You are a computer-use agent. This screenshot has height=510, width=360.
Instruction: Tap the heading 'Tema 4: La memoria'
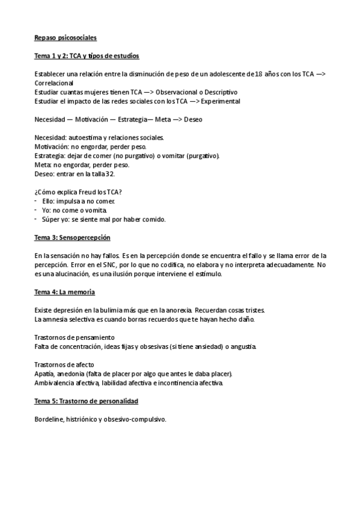65,292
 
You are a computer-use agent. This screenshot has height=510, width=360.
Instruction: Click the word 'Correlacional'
53,84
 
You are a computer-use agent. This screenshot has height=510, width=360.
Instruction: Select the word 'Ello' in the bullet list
48,201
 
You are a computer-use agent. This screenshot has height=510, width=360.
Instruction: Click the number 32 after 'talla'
109,174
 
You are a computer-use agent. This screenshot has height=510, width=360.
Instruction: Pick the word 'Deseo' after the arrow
193,120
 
